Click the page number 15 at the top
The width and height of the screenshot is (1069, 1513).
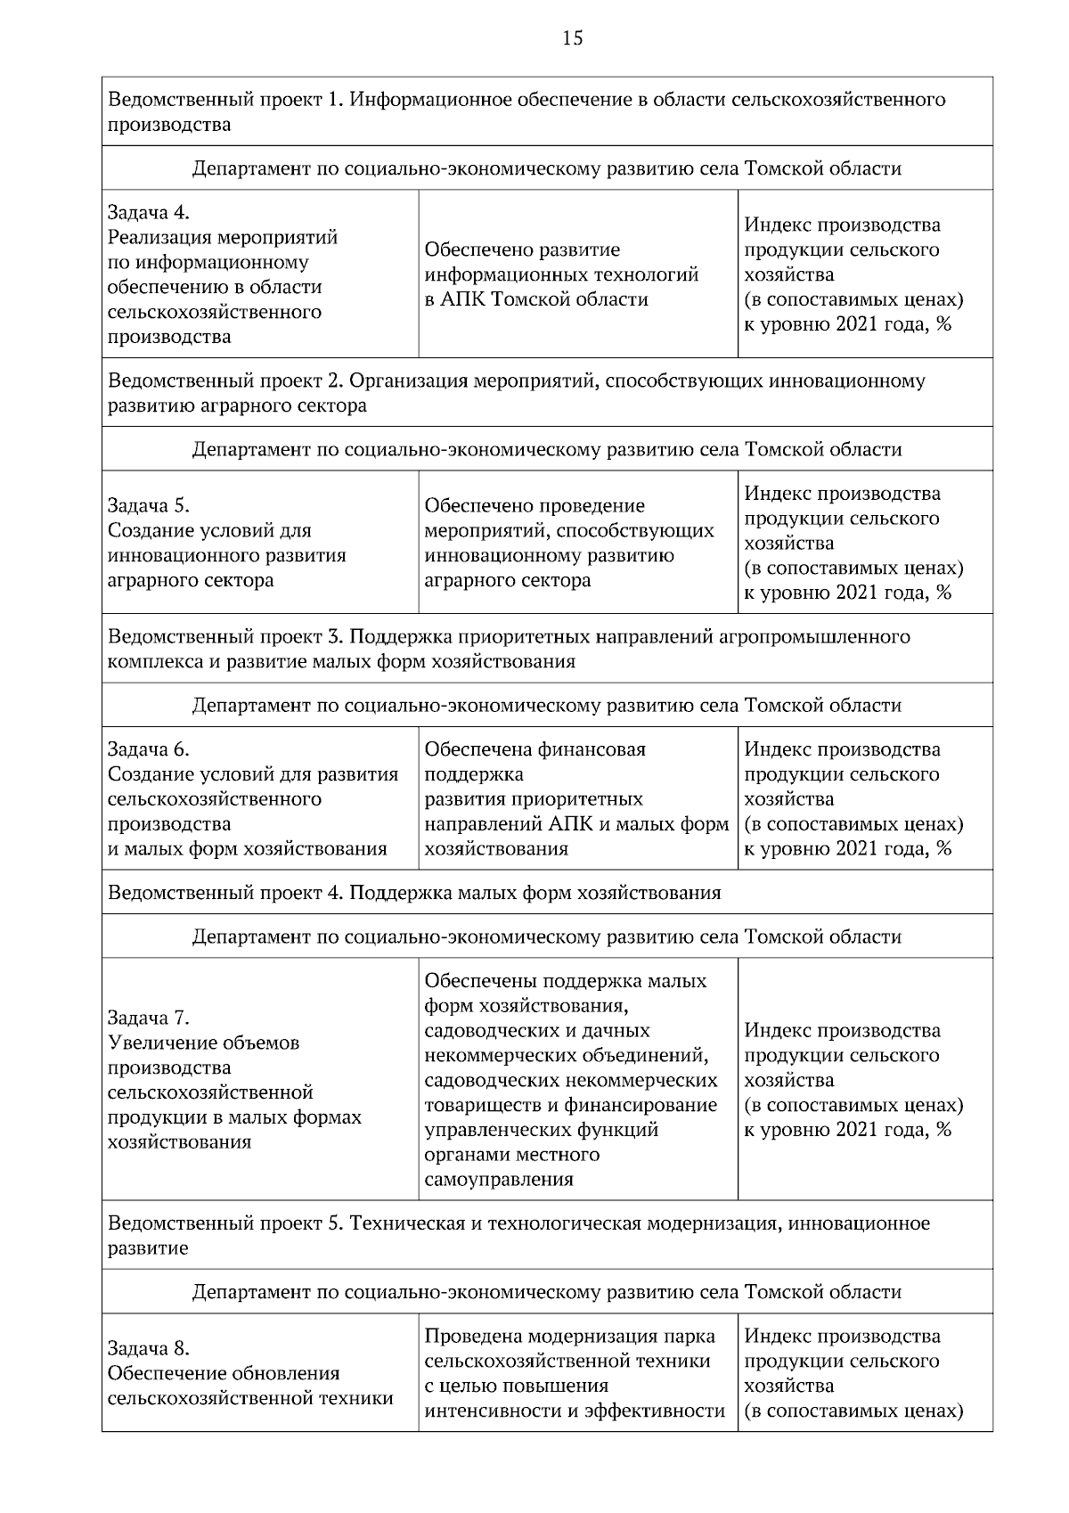(573, 37)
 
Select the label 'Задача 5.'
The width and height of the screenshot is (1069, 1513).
(149, 505)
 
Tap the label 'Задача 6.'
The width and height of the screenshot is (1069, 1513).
(149, 749)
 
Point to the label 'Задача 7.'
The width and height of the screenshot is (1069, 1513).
(149, 1018)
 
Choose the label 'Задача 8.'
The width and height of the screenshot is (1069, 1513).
(149, 1348)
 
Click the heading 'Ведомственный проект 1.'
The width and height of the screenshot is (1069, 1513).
(225, 99)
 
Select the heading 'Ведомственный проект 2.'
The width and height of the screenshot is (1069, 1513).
(225, 380)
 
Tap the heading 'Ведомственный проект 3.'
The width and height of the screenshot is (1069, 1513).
(225, 636)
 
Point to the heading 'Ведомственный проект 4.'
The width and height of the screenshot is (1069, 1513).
(225, 892)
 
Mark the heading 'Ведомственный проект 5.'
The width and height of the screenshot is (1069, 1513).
(225, 1223)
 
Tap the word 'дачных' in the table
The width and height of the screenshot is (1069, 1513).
(620, 1031)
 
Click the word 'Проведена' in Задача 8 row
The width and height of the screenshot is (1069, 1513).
(473, 1336)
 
